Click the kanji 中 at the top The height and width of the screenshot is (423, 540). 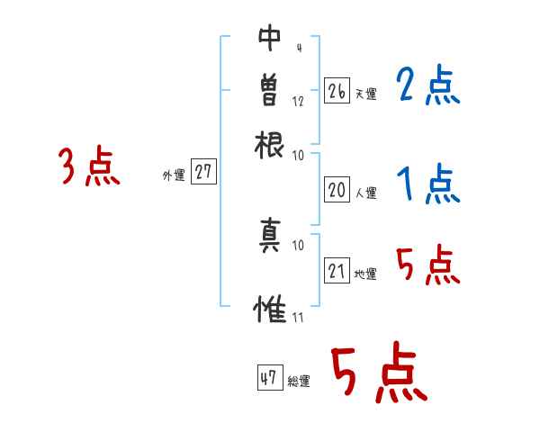[x=270, y=39]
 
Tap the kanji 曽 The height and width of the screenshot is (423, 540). [x=270, y=91]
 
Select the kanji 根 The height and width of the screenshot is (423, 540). [x=270, y=144]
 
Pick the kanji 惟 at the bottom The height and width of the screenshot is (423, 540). [x=270, y=309]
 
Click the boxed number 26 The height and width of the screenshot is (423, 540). [x=337, y=92]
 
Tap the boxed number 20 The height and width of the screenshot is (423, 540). [x=337, y=189]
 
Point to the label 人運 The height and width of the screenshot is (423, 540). [x=365, y=192]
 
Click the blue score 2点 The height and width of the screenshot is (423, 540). [x=427, y=87]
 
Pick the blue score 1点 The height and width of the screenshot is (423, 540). [x=428, y=185]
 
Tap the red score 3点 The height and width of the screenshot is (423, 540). [x=89, y=167]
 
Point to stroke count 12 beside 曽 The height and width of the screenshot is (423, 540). [x=298, y=102]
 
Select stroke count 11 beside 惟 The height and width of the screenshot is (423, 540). [x=298, y=317]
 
